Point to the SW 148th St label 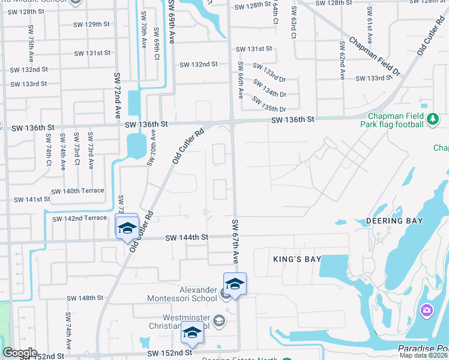[x=86, y=298]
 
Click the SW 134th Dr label [x=270, y=89]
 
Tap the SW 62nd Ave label [x=342, y=61]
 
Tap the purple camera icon [x=426, y=310]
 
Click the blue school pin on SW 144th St [x=127, y=227]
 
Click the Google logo [x=20, y=353]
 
